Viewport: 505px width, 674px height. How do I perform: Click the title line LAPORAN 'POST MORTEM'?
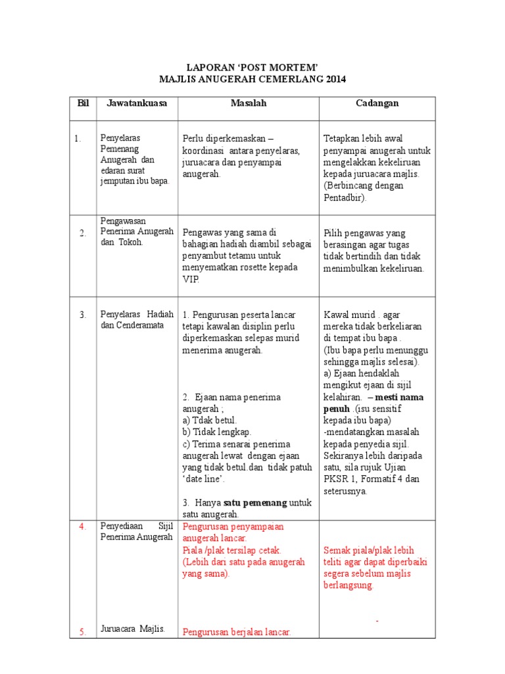click(x=253, y=67)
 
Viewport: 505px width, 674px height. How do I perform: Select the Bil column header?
click(x=83, y=103)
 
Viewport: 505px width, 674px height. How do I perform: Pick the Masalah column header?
click(x=249, y=103)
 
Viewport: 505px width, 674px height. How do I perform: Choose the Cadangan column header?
click(x=377, y=103)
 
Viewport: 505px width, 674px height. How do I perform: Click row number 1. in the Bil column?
click(x=78, y=138)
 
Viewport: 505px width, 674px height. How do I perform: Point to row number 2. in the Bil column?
click(x=83, y=232)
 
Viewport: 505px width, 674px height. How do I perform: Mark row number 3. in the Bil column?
click(x=83, y=315)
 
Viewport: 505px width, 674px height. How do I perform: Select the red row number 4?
click(x=83, y=527)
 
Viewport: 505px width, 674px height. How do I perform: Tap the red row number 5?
click(x=83, y=632)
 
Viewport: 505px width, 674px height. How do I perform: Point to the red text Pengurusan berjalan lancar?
click(x=237, y=632)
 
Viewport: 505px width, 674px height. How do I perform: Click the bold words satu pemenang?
click(x=256, y=502)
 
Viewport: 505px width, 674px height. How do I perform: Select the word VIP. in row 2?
click(x=191, y=279)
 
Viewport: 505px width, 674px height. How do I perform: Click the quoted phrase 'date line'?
click(x=203, y=479)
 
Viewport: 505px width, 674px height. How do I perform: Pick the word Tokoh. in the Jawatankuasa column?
click(x=130, y=242)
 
